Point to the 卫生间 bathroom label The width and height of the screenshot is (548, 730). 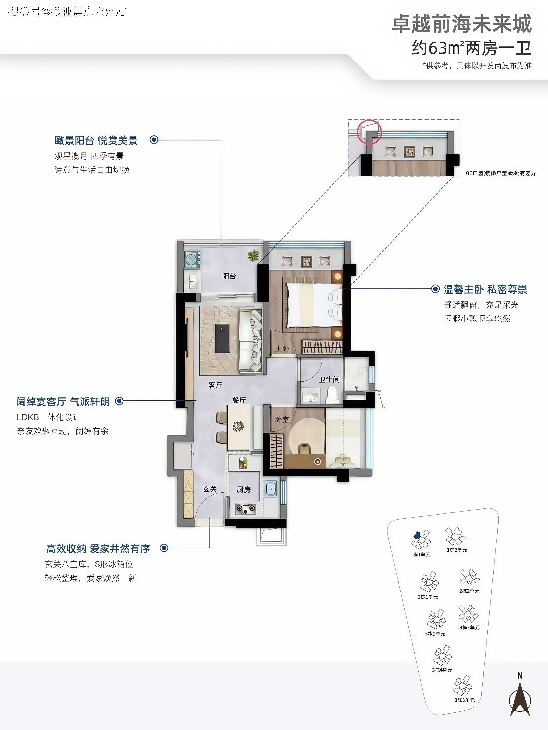[329, 380]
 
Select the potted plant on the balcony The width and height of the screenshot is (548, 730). [253, 255]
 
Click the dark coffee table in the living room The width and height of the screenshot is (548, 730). [222, 338]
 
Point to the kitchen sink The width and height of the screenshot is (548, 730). [271, 489]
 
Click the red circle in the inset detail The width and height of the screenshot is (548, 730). [370, 132]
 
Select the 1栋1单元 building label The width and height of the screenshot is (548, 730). [420, 554]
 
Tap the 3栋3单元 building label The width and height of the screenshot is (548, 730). [464, 700]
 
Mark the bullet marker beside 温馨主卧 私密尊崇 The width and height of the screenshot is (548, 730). [436, 289]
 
